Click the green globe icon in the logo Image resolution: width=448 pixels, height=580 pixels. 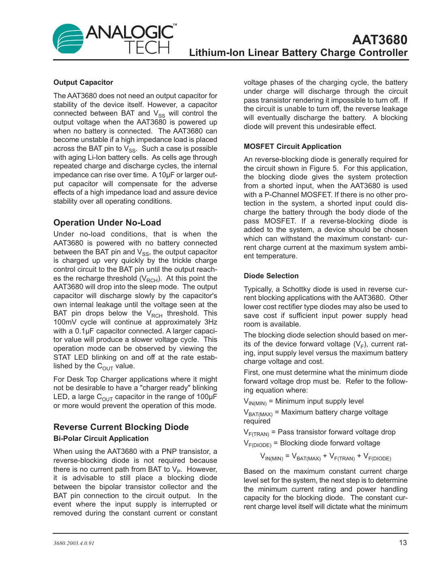68,39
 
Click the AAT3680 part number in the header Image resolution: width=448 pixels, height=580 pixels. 379,40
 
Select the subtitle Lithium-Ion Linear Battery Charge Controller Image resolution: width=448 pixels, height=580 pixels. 298,53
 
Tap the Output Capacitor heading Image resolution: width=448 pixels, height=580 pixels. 83,82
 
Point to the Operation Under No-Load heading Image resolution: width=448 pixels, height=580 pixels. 107,223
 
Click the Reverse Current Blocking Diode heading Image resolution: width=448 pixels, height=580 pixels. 121,427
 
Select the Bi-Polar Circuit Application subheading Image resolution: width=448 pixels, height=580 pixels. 101,438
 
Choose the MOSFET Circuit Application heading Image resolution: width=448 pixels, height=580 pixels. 292,146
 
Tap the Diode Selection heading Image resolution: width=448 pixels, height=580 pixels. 271,276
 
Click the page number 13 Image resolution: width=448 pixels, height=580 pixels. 403,543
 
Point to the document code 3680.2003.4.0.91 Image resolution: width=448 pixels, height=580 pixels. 74,543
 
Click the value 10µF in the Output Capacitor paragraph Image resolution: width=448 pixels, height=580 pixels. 167,175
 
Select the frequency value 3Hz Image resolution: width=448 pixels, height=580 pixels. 210,322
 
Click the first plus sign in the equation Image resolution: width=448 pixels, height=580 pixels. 325,456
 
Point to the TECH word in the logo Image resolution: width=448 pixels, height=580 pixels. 147,48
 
